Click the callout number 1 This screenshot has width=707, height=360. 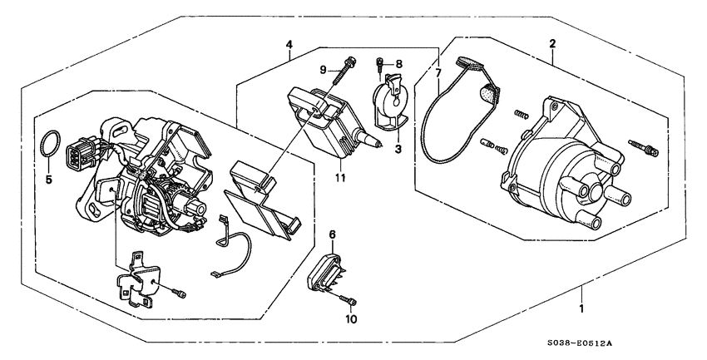click(582, 309)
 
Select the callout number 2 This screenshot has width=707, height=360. click(553, 43)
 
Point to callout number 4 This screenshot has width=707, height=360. click(289, 44)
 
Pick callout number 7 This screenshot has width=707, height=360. click(438, 75)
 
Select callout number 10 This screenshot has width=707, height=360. click(350, 318)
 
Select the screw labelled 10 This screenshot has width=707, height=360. click(351, 301)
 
